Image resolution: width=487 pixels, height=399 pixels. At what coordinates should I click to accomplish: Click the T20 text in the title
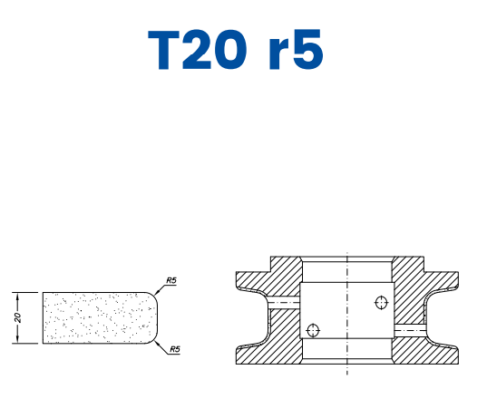click(x=199, y=51)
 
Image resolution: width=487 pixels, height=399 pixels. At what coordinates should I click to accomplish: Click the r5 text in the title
click(x=297, y=51)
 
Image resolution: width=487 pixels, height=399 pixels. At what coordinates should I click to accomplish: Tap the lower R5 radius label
click(x=171, y=348)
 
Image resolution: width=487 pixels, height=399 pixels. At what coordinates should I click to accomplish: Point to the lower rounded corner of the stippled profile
click(x=154, y=340)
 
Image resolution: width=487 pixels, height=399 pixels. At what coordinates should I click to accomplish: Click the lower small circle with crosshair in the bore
click(x=314, y=330)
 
